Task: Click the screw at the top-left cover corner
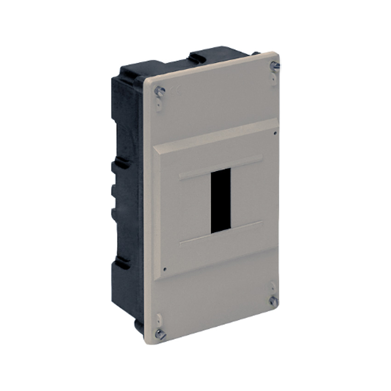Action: tap(160, 91)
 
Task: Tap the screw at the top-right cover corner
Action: tap(275, 66)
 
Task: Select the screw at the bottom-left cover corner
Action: tap(160, 334)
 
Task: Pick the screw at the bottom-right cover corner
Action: tap(273, 301)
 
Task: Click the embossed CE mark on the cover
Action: tap(175, 91)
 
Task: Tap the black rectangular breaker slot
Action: tap(220, 200)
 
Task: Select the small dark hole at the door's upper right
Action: tap(275, 133)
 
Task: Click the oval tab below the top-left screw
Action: tap(159, 105)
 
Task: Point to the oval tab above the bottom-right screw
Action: tap(272, 286)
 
